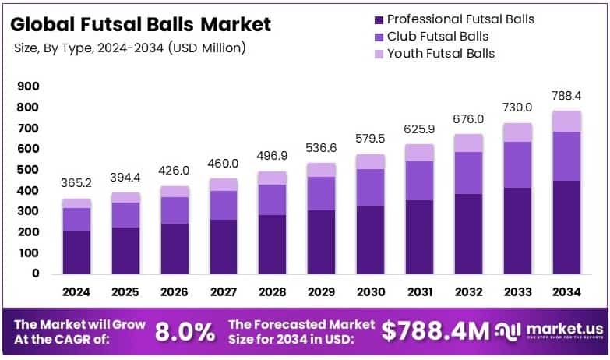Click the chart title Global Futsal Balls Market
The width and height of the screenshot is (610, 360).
click(x=141, y=24)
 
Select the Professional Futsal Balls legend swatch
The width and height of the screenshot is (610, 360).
click(x=379, y=19)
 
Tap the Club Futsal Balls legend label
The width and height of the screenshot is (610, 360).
click(x=438, y=36)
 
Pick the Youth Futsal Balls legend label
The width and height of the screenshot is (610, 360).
click(x=440, y=53)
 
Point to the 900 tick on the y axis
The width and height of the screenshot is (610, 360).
click(x=28, y=86)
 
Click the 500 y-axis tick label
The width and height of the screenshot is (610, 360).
click(x=28, y=169)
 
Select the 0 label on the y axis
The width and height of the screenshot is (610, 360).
click(x=35, y=274)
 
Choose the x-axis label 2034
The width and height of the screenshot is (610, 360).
click(x=566, y=292)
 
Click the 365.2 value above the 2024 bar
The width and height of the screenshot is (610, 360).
click(x=77, y=182)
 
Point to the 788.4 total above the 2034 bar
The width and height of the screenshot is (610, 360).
click(x=566, y=95)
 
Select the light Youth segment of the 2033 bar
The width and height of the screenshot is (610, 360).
click(x=517, y=132)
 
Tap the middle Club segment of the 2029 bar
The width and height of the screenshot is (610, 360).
click(x=322, y=193)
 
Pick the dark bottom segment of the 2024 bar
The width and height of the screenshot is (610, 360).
click(x=77, y=252)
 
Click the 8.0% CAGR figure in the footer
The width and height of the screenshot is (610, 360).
click(x=185, y=331)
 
